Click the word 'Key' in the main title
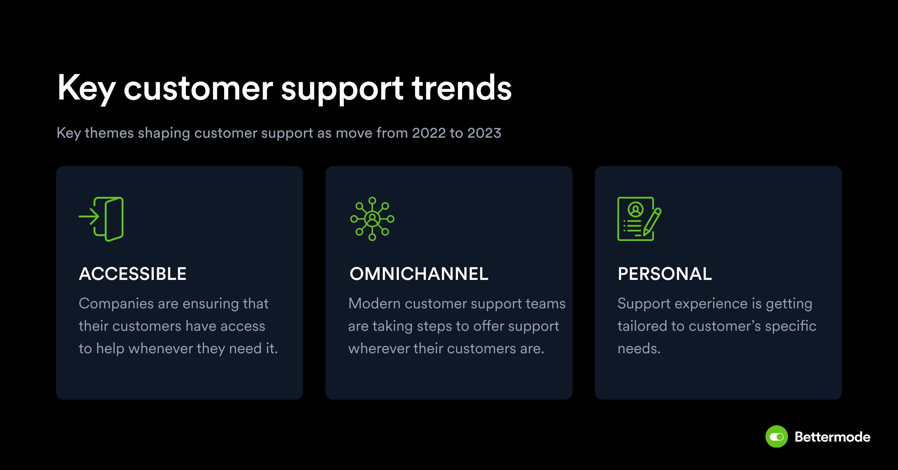(x=86, y=89)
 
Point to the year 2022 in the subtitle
(x=429, y=133)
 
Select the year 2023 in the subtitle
(x=484, y=133)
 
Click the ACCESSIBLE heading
(x=132, y=274)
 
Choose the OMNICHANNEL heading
(x=419, y=274)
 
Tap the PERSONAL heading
(x=665, y=274)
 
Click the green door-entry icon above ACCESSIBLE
(x=101, y=219)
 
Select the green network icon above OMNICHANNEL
(x=372, y=219)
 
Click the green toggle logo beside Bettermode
(x=777, y=437)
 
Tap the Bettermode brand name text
(x=833, y=437)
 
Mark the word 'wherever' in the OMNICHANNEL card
(x=379, y=349)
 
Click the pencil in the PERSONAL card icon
(x=652, y=222)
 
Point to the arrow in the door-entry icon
(x=89, y=217)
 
